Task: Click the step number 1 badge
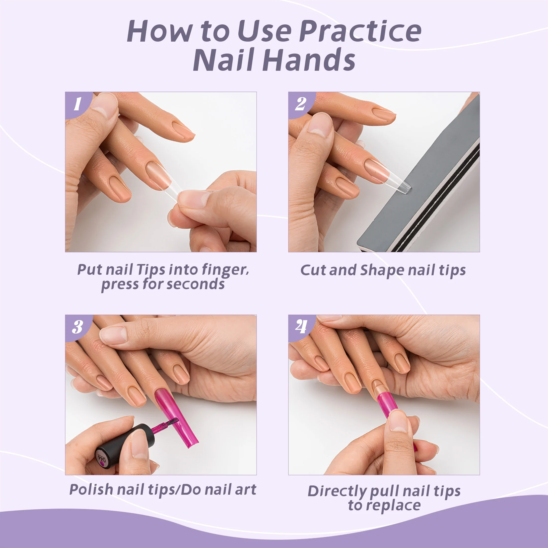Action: click(77, 104)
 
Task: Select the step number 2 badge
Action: click(301, 104)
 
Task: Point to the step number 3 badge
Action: click(77, 327)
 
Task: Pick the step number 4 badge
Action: click(301, 327)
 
